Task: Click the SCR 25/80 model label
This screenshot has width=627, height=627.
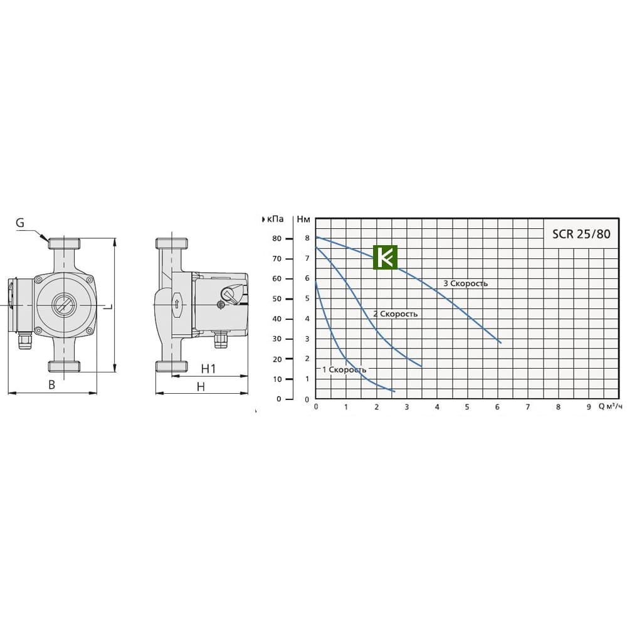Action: [x=581, y=233]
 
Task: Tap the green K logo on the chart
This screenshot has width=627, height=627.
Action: [x=385, y=257]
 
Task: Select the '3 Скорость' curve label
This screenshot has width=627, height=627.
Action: [x=465, y=283]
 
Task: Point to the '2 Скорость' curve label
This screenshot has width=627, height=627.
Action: [x=395, y=314]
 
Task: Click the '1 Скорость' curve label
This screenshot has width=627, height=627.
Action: [x=344, y=369]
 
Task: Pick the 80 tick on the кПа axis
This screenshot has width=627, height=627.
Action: [x=277, y=239]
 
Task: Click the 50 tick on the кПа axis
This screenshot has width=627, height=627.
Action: [x=277, y=298]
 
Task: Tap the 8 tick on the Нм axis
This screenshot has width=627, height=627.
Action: [x=307, y=238]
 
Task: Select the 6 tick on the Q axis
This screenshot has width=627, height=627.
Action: [x=497, y=407]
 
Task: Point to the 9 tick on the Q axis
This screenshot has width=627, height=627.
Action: [x=589, y=407]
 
